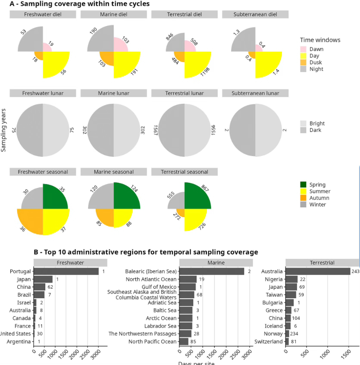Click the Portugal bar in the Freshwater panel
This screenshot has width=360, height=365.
(66, 271)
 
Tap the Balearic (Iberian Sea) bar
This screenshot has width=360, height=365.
(212, 271)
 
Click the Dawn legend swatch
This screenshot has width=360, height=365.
(304, 49)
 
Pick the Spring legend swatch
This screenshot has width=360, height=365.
(304, 185)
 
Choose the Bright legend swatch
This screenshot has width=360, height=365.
(304, 123)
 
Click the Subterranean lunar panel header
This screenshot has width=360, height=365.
(255, 93)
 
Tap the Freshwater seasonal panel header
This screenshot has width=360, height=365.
(43, 172)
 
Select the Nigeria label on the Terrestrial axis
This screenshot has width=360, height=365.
(273, 279)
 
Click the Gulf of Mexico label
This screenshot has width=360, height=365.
(159, 287)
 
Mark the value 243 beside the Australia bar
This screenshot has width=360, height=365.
(356, 271)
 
